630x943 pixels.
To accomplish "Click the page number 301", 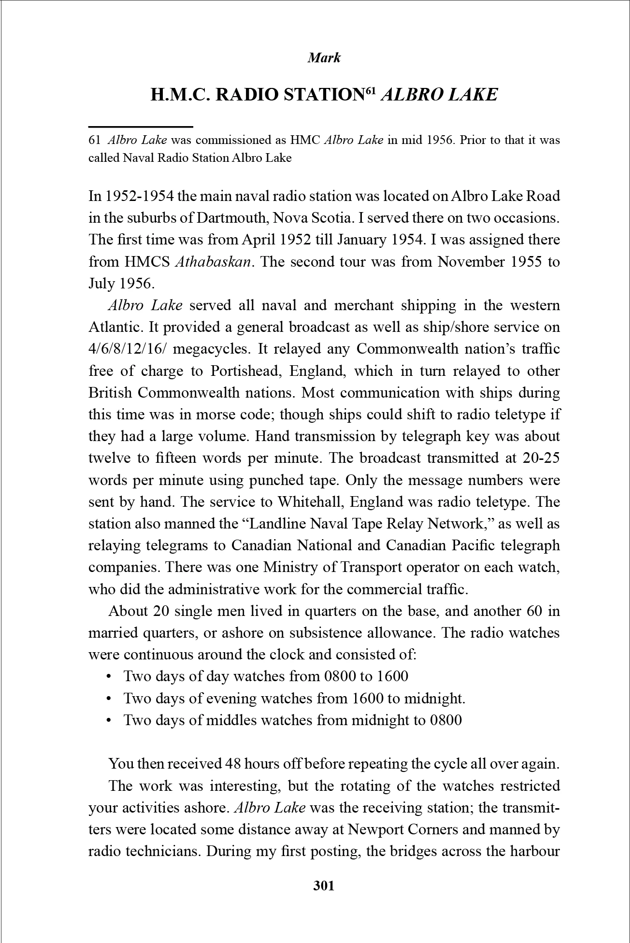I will coord(324,886).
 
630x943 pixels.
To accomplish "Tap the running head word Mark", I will coord(324,58).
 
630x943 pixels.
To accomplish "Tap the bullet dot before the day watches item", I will coord(109,676).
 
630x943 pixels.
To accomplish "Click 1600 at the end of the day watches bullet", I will coord(392,676).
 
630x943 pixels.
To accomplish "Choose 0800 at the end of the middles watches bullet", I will coord(445,720).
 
